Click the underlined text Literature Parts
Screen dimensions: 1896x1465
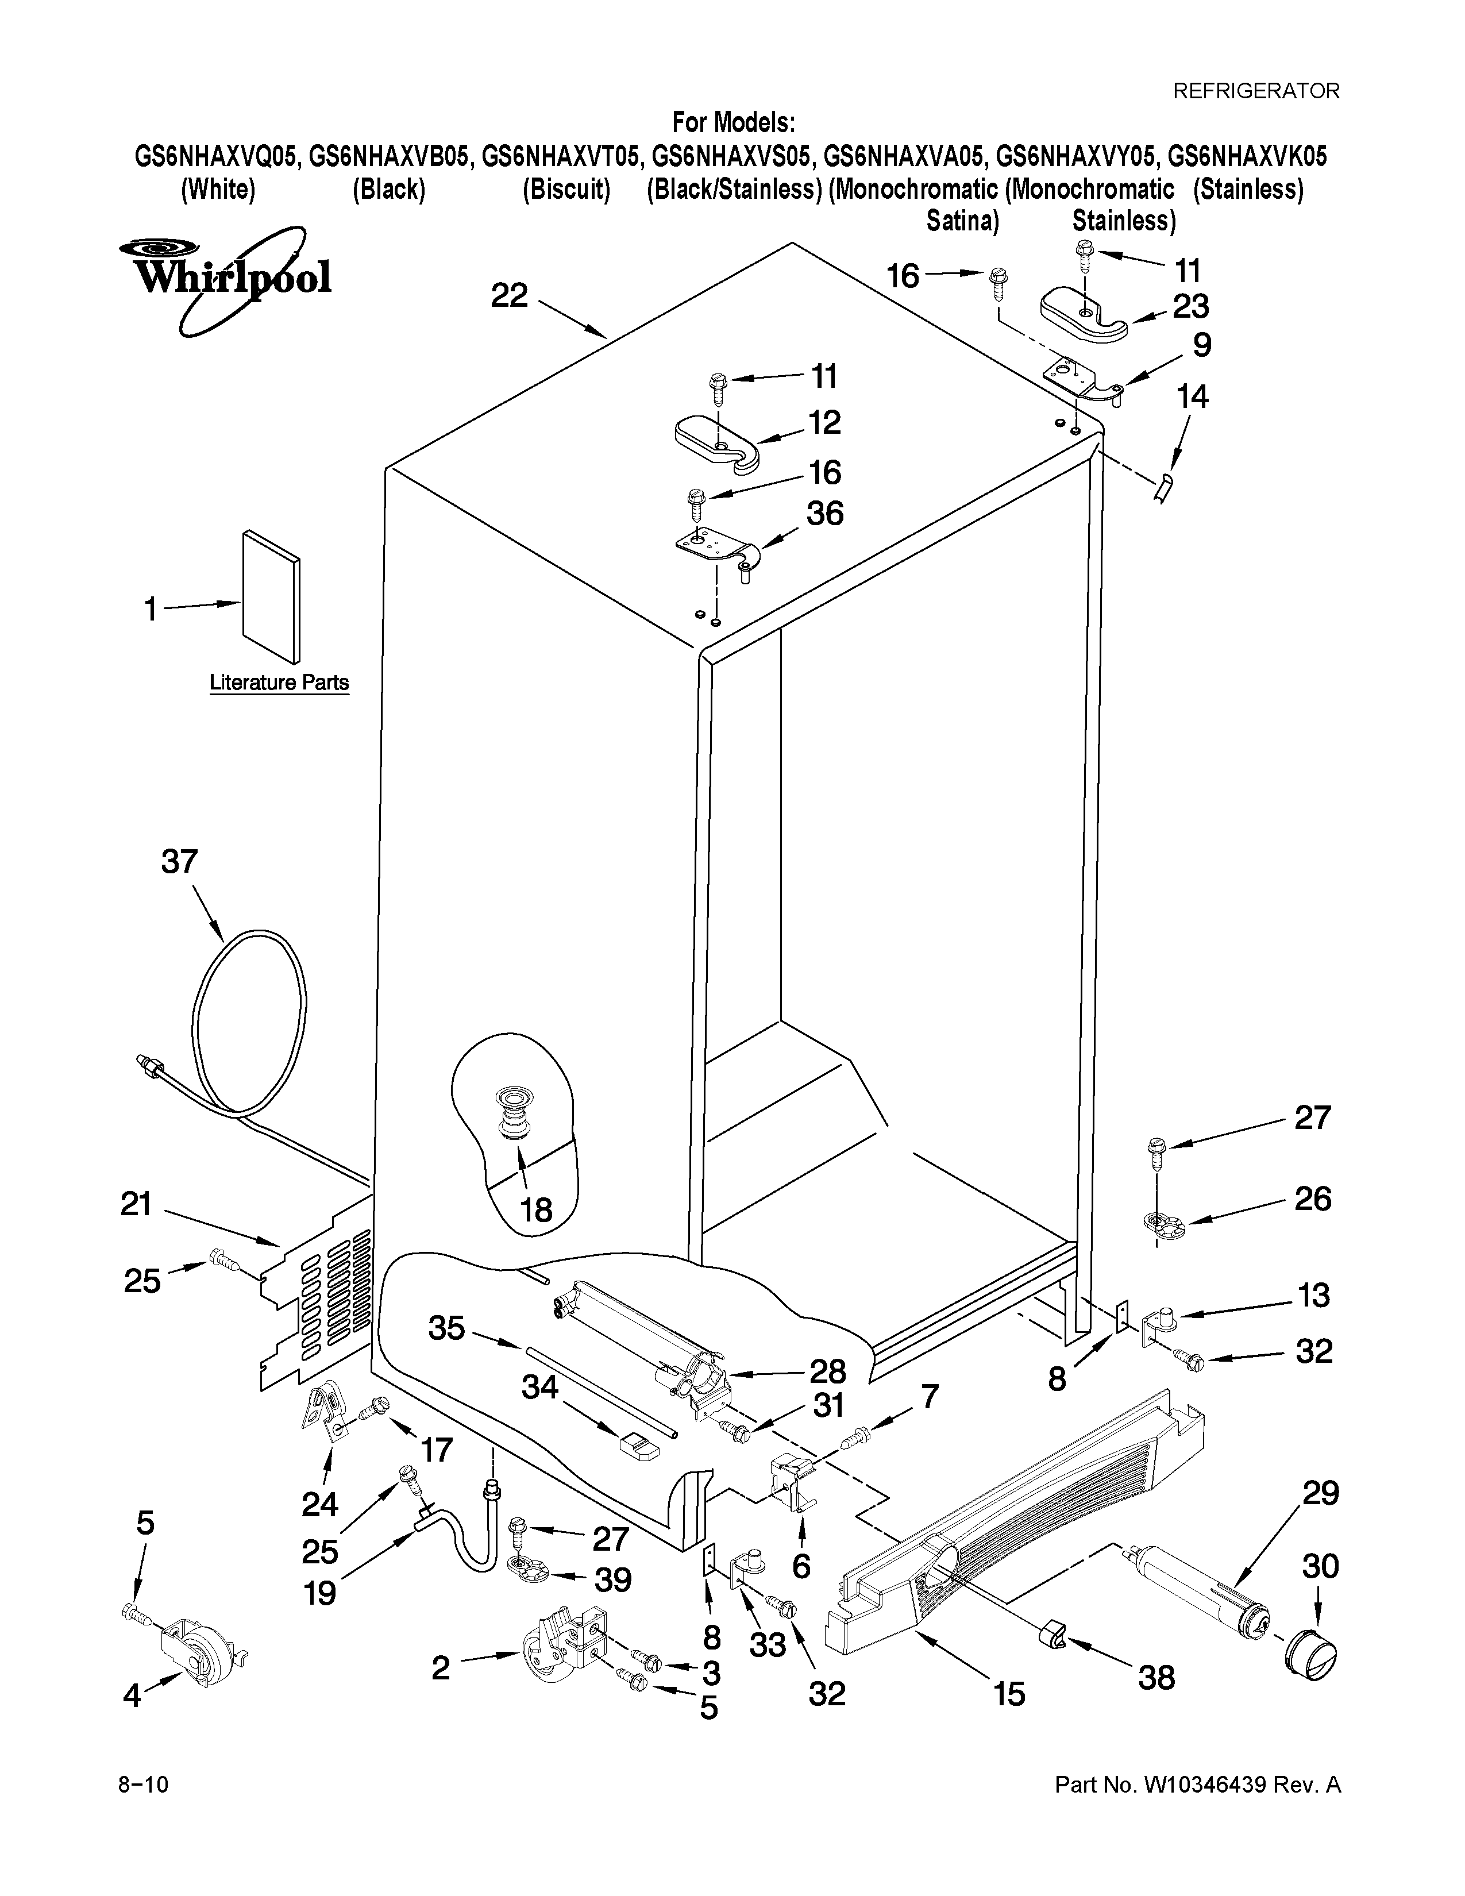pyautogui.click(x=279, y=683)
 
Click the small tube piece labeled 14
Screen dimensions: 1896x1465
pyautogui.click(x=1164, y=487)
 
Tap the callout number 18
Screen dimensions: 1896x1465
pyautogui.click(x=537, y=1209)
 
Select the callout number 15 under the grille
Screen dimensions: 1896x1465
pyautogui.click(x=1009, y=1694)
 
